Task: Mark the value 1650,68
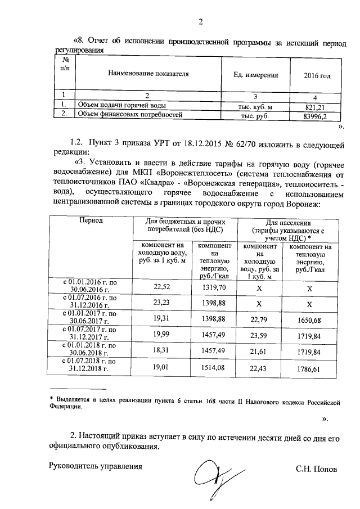tap(309, 320)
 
